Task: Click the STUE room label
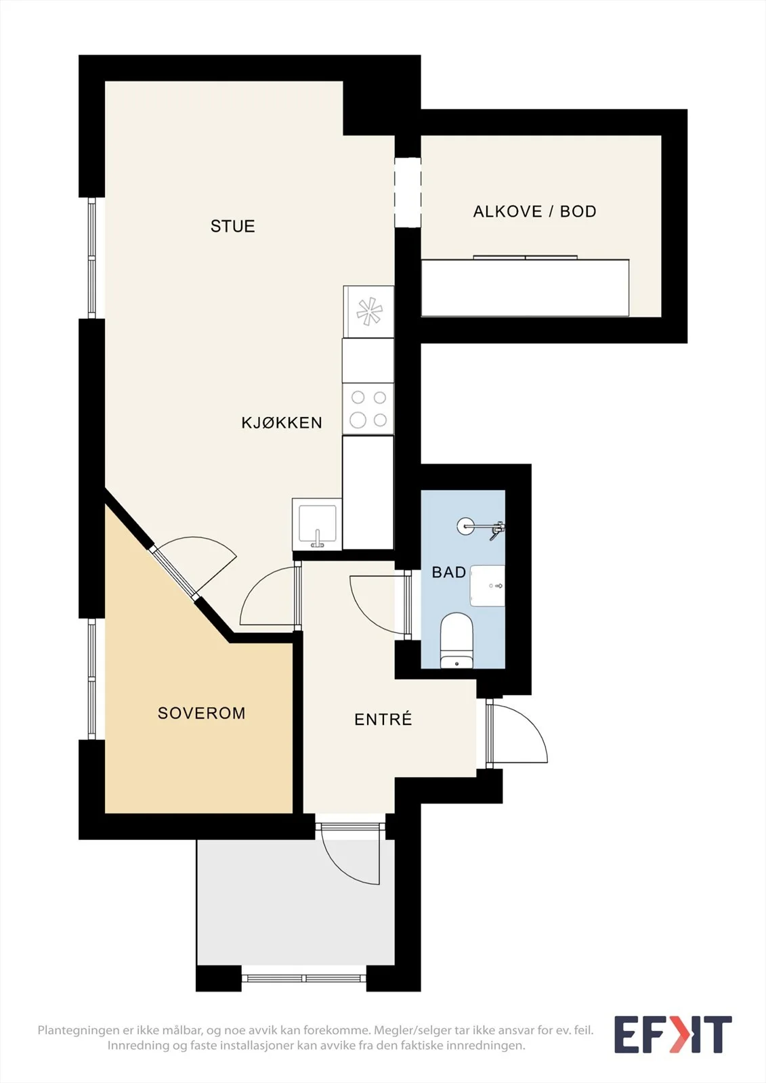(x=232, y=226)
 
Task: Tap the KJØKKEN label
(x=282, y=423)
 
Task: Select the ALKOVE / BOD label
(x=534, y=211)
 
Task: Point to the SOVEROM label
(x=201, y=713)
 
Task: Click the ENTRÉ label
(x=383, y=719)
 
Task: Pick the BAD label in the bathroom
(x=448, y=573)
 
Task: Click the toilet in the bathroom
(x=456, y=640)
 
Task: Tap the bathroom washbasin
(x=487, y=585)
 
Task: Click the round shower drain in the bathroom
(x=465, y=526)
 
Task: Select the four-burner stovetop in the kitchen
(x=368, y=409)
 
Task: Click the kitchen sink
(x=318, y=525)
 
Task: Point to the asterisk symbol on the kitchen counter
(x=369, y=312)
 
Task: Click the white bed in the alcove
(x=525, y=288)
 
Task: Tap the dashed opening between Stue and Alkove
(x=408, y=192)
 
